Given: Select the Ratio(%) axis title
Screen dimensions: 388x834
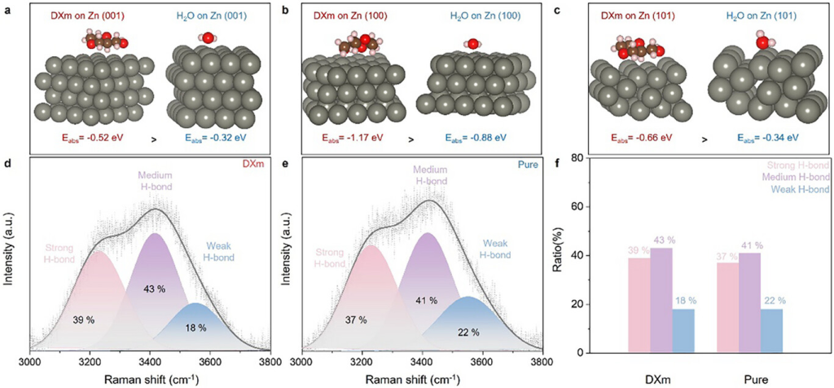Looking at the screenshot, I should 573,254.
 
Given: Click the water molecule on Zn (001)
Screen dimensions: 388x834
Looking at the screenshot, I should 209,37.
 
